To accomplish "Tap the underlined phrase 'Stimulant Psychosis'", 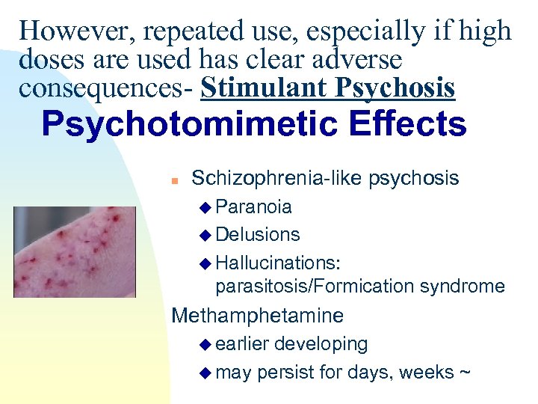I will (328, 88).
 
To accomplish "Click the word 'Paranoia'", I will (253, 206).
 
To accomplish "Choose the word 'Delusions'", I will (257, 235).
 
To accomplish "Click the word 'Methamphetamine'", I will (258, 316).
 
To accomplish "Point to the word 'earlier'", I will (242, 344).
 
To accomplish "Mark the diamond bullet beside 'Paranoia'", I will (207, 207).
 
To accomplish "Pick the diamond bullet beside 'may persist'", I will (207, 373).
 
